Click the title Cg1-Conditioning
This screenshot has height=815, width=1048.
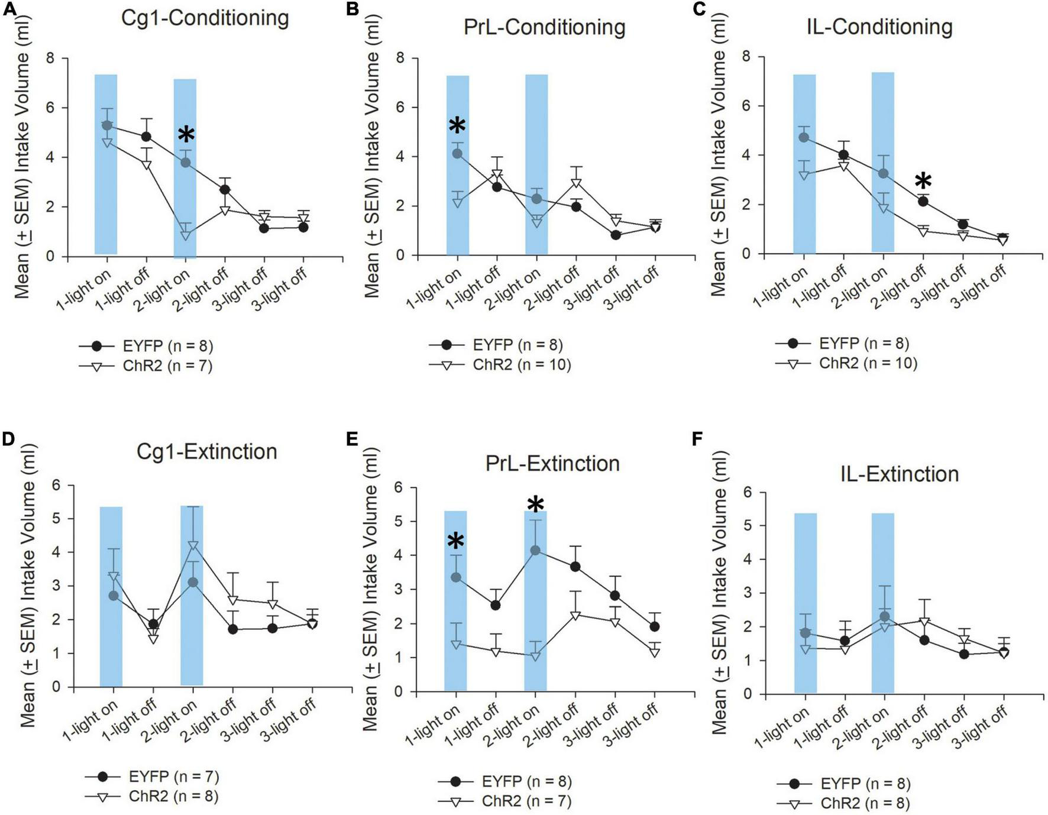pyautogui.click(x=205, y=18)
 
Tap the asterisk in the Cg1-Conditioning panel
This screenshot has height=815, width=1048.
pyautogui.click(x=186, y=135)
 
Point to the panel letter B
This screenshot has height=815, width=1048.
pyautogui.click(x=353, y=9)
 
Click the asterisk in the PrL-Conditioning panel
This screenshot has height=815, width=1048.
pyautogui.click(x=457, y=125)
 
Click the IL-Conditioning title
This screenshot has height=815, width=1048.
pyautogui.click(x=879, y=27)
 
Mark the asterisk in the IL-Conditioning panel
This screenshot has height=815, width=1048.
pyautogui.click(x=923, y=182)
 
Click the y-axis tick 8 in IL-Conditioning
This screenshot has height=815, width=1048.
pyautogui.click(x=747, y=57)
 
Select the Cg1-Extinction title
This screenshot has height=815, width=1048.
pyautogui.click(x=206, y=452)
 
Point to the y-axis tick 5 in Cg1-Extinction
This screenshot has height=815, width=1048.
pyautogui.click(x=56, y=519)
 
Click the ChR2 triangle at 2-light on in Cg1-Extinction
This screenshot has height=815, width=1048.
pyautogui.click(x=193, y=545)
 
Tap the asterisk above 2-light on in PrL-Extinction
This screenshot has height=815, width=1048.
pyautogui.click(x=535, y=505)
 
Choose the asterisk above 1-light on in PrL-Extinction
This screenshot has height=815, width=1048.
pyautogui.click(x=456, y=541)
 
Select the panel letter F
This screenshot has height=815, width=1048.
pyautogui.click(x=697, y=439)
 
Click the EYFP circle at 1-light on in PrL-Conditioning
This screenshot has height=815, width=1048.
pyautogui.click(x=457, y=154)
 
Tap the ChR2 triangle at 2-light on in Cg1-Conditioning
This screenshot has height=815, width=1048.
pyautogui.click(x=186, y=235)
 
